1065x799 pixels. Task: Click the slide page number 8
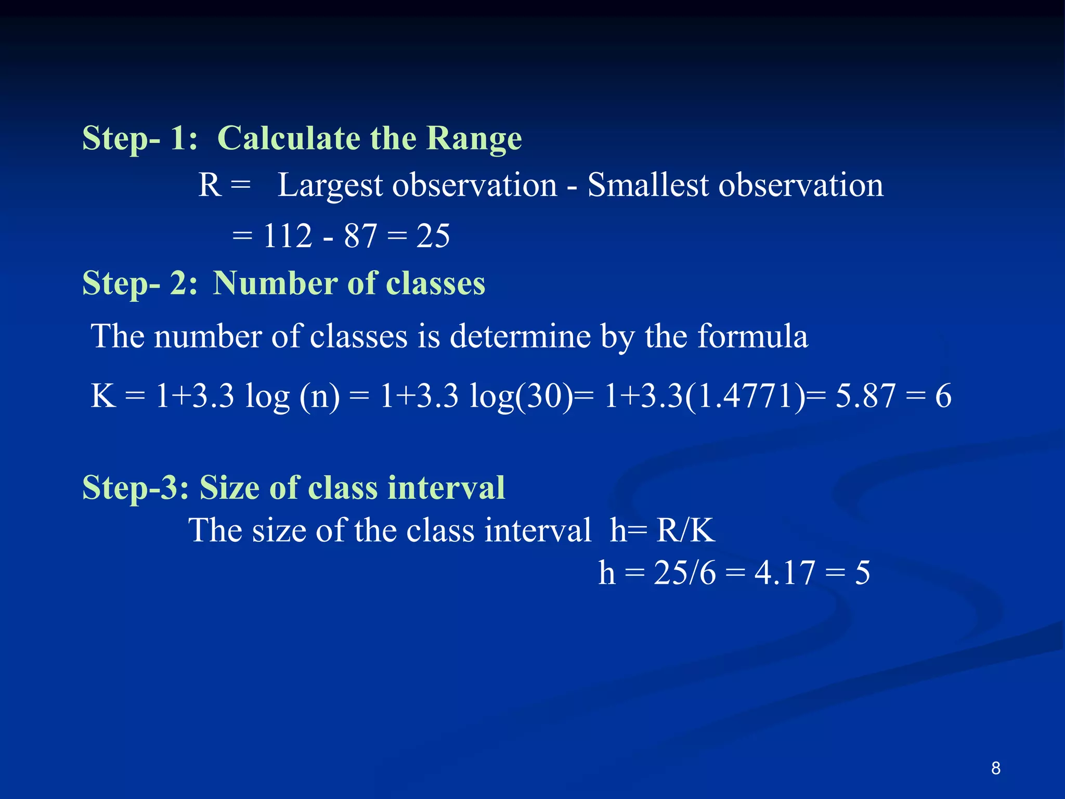pos(995,768)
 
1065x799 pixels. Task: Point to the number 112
pos(288,236)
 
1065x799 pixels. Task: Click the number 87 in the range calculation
pos(360,236)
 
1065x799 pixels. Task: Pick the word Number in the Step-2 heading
pos(276,283)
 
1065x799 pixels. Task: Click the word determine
pos(520,336)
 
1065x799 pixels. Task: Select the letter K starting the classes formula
pos(103,395)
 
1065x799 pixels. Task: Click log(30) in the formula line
pos(521,396)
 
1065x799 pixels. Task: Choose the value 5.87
pos(865,395)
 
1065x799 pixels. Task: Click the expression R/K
pos(685,531)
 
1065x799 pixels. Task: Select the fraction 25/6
pos(684,573)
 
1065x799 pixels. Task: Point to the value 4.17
pos(784,573)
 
